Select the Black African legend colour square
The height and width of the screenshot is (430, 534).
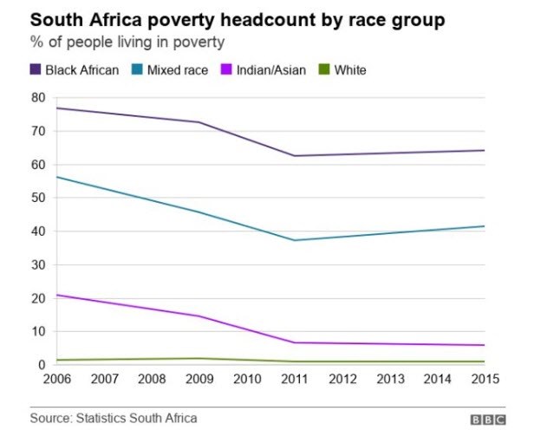36,69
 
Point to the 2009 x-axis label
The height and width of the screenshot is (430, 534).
199,380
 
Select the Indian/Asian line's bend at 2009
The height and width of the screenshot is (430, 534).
199,316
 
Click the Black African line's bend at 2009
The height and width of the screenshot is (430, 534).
199,122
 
